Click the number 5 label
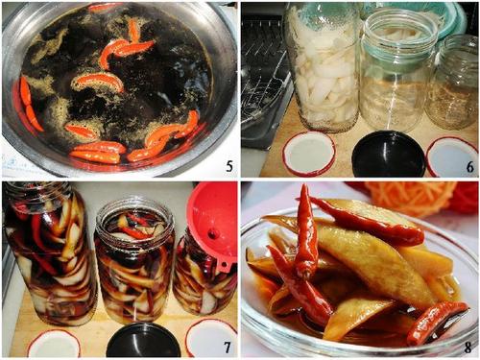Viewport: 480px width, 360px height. click(x=229, y=166)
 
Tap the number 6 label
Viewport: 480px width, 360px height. click(x=469, y=167)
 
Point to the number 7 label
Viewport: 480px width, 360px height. click(x=228, y=347)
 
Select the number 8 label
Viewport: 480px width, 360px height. click(x=468, y=348)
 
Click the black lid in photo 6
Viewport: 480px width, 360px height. click(x=389, y=155)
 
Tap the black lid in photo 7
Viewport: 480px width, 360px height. click(x=143, y=340)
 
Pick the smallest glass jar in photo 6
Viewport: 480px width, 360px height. click(x=454, y=83)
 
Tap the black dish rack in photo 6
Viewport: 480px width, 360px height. click(x=266, y=80)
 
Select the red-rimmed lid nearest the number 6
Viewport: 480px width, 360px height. click(x=452, y=157)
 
